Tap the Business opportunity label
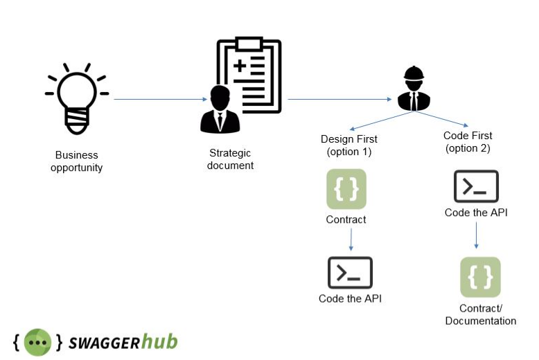click(77, 161)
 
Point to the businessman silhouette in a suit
click(220, 110)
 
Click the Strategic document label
click(230, 159)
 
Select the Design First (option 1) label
click(349, 145)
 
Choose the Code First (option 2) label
click(468, 142)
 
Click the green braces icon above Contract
click(346, 188)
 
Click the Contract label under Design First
click(346, 220)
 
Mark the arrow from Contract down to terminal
click(351, 240)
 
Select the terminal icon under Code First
click(476, 186)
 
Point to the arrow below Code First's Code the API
click(477, 236)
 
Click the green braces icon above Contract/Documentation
click(480, 277)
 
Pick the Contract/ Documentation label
click(480, 314)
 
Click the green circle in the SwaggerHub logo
click(37, 342)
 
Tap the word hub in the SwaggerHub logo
click(160, 341)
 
